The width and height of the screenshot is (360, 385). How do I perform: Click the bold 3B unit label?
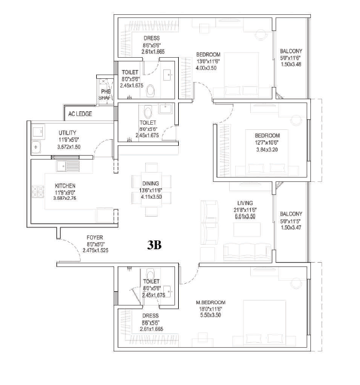pyautogui.click(x=154, y=245)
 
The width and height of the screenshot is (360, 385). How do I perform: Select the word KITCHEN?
pyautogui.click(x=65, y=186)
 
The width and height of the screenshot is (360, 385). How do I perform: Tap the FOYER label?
pyautogui.click(x=96, y=237)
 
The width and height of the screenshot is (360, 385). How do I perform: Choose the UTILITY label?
pyautogui.click(x=67, y=134)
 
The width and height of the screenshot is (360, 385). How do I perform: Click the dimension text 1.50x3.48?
pyautogui.click(x=291, y=65)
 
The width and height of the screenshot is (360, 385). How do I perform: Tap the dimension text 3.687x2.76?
pyautogui.click(x=65, y=199)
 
